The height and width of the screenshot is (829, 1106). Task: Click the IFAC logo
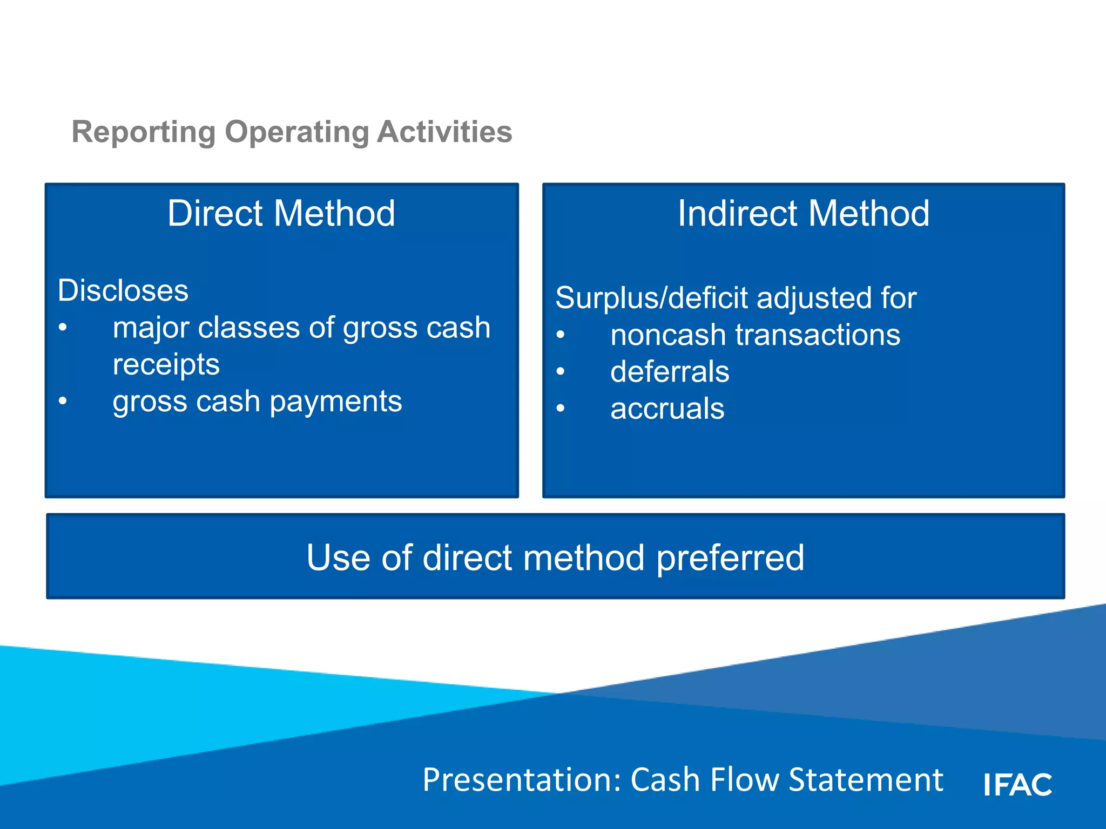point(1017,784)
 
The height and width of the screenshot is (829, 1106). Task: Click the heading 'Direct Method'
point(281,213)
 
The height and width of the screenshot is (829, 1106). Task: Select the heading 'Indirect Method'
point(804,213)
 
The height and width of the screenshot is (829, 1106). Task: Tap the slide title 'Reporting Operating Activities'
point(292,132)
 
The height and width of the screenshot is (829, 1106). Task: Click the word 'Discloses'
point(123,290)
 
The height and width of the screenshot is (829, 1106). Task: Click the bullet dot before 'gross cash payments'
point(63,401)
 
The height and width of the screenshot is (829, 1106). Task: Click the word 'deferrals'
point(670,372)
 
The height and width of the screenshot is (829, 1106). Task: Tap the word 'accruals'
point(667,409)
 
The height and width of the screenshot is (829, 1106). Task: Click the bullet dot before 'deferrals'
point(561,371)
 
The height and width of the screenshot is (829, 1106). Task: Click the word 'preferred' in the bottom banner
point(730,558)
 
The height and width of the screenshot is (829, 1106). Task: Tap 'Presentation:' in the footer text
point(522,780)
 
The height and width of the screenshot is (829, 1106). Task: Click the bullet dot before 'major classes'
point(63,328)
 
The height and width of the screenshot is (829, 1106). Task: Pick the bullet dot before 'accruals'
point(561,409)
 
